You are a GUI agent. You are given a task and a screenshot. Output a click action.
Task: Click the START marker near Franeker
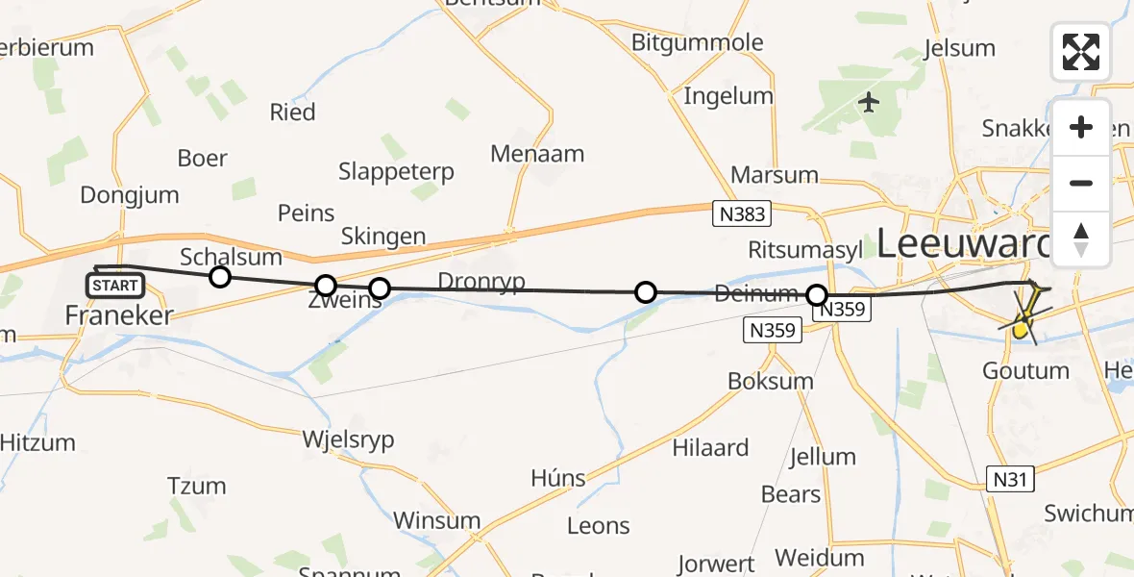click(115, 286)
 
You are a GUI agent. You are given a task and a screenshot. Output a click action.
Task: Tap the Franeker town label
click(119, 314)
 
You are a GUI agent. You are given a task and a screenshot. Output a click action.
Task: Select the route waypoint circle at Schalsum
click(220, 278)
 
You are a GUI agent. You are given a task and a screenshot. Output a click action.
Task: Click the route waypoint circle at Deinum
click(817, 294)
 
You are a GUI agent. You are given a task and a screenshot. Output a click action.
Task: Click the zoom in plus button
click(1081, 128)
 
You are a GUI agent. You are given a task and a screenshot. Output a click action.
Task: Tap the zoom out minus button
click(1081, 183)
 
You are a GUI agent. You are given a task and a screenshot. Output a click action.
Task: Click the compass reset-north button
click(1081, 238)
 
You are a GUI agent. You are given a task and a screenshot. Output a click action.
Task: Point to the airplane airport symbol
click(870, 101)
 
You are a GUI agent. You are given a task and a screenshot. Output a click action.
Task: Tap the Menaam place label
click(537, 153)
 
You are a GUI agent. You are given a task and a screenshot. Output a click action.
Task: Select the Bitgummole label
click(698, 42)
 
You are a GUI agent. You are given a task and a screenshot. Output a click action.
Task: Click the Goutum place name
click(1025, 370)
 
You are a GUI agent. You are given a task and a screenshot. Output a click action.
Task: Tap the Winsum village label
click(436, 521)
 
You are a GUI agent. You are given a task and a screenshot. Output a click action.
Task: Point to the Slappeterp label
click(396, 172)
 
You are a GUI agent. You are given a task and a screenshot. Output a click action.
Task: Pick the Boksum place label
click(771, 381)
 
